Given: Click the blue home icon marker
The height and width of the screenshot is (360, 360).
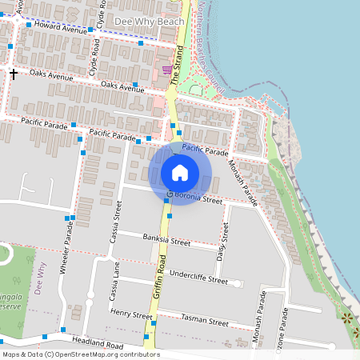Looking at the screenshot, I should tap(180, 173).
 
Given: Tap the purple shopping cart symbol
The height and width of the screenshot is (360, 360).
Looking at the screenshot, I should tap(166, 70).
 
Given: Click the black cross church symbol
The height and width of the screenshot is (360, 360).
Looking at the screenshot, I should tap(13, 74).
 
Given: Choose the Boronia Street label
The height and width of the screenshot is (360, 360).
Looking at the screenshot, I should tap(196, 198).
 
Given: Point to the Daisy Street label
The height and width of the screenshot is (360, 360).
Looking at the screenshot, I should tap(224, 233).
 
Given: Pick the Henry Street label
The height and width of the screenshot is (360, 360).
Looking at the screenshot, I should tap(131, 314).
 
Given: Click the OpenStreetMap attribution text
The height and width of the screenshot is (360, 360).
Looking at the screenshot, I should tap(81, 354).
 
